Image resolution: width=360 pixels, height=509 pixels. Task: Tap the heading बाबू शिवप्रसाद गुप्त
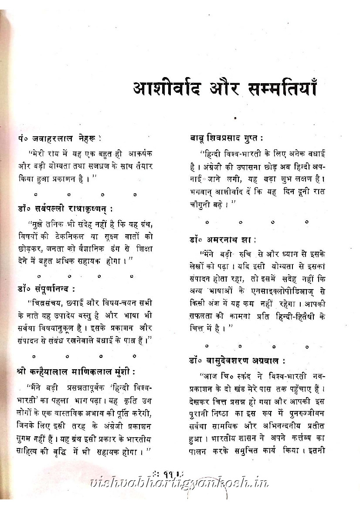click(226, 138)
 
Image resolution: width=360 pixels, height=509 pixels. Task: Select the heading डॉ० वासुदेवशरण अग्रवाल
click(238, 361)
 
